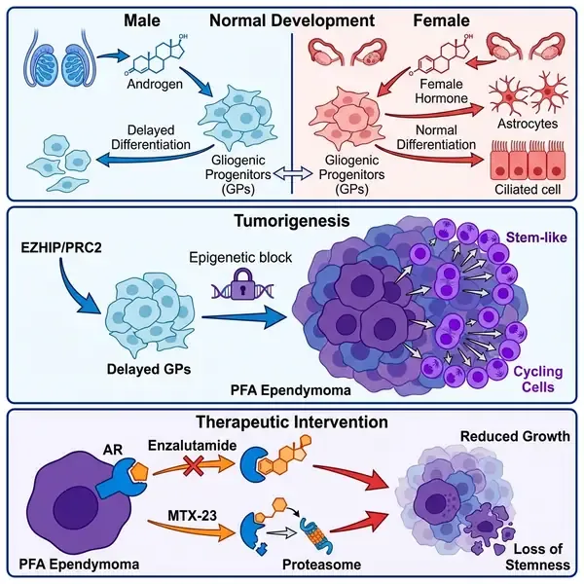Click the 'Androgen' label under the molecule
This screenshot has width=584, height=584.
click(x=148, y=85)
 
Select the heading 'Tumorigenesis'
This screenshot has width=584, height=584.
click(x=291, y=221)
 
